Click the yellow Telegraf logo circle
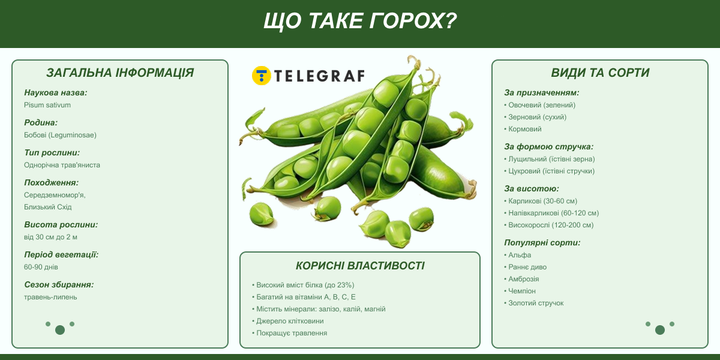[x=262, y=76]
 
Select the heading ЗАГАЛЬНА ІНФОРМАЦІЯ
[x=120, y=73]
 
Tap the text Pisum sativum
[x=47, y=105]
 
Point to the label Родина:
[x=41, y=122]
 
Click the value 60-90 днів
[x=41, y=267]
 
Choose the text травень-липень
[x=50, y=297]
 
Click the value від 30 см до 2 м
[x=50, y=237]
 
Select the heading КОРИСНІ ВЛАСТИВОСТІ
[x=360, y=266]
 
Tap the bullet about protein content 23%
[x=303, y=285]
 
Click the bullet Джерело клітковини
[x=287, y=321]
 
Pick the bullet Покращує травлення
[x=290, y=333]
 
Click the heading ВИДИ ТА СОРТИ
[x=600, y=73]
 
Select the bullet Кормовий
[x=523, y=129]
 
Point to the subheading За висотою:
[x=532, y=188]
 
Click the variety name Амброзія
[x=521, y=279]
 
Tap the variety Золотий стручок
[x=533, y=303]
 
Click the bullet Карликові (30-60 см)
[x=541, y=201]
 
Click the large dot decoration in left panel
[x=60, y=330]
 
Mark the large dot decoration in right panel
[x=660, y=330]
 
